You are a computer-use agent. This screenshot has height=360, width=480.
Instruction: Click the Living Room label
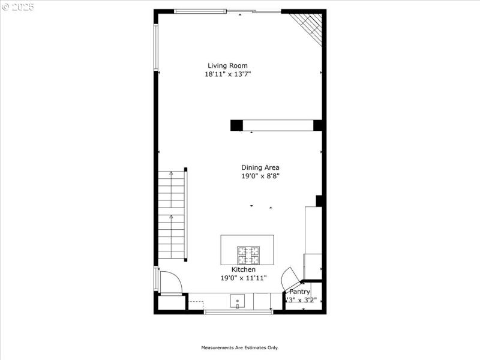pos(227,66)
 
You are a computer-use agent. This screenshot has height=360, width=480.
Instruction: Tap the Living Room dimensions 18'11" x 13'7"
pos(227,74)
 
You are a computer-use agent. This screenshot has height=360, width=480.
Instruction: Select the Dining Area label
pos(260,168)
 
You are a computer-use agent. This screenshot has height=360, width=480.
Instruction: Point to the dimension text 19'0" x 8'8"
pos(260,176)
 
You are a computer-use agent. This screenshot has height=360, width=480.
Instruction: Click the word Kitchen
pos(243,270)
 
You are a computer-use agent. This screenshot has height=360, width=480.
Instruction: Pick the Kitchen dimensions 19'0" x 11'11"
pos(243,278)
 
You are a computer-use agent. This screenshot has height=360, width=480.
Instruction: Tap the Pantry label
pos(300,292)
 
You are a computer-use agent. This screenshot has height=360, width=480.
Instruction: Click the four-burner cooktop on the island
pos(247,256)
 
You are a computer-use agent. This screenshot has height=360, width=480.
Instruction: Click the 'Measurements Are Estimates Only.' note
pos(239,347)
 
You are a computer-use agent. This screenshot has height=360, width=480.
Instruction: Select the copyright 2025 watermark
pos(18,7)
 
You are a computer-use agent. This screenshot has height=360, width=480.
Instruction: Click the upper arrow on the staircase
pos(171,174)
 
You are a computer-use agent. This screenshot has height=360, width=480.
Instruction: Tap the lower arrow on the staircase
pos(171,217)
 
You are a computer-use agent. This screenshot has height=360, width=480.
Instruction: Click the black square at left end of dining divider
pos(236,125)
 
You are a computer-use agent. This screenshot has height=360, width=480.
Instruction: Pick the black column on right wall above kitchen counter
pos(320,201)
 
